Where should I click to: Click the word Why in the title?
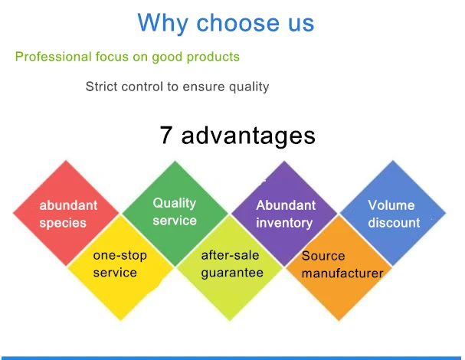pos(162,24)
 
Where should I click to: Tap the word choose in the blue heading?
pos(237,22)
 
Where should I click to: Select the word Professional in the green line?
pos(53,57)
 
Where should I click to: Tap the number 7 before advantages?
pos(165,135)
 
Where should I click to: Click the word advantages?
pos(248,136)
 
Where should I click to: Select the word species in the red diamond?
pos(63,224)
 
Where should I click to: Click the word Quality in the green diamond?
pos(175,204)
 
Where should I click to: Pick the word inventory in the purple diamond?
pos(284,224)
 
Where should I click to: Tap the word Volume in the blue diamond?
pos(391,205)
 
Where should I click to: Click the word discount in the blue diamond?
pos(394,223)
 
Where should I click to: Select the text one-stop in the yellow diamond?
pos(120,256)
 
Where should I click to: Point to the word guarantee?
pos(232,273)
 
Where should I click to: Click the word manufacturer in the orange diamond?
pos(342,273)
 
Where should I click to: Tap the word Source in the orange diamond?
pos(323,256)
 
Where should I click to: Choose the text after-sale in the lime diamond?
pos(230,255)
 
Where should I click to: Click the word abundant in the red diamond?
pos(68,205)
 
